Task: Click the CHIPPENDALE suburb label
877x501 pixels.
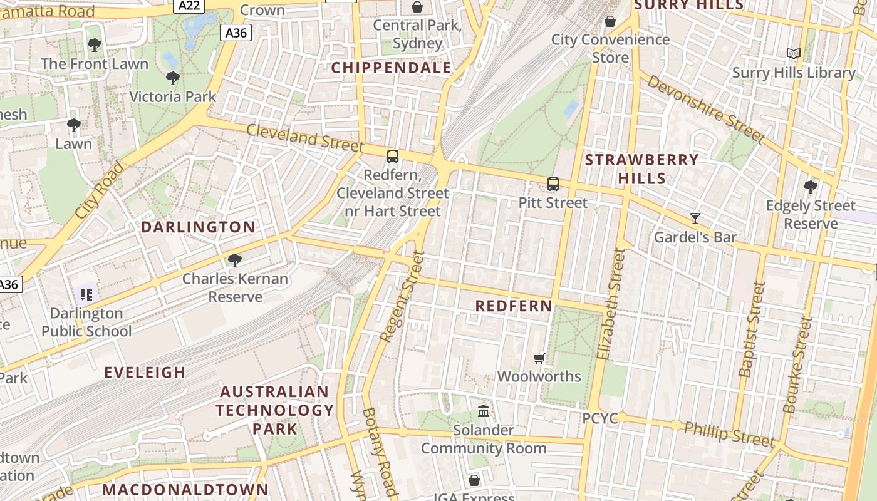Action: (391, 68)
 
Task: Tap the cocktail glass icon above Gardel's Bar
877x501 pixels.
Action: (695, 219)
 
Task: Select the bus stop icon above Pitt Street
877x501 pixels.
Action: (553, 184)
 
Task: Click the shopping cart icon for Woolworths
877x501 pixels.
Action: (539, 358)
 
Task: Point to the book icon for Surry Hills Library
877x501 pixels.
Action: (794, 54)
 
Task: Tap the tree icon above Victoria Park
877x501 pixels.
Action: (173, 78)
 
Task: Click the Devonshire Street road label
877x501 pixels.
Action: (705, 109)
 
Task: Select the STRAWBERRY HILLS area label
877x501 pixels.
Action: (641, 168)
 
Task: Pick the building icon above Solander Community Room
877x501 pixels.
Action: (484, 411)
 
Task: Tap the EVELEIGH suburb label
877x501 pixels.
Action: (145, 373)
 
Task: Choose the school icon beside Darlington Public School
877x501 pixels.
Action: (86, 294)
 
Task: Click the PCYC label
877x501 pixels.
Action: (600, 418)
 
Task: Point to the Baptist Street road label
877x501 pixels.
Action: (752, 329)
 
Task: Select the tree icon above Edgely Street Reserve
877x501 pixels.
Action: (811, 187)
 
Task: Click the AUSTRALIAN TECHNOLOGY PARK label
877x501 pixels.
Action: (275, 410)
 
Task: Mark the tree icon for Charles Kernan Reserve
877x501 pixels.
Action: (235, 260)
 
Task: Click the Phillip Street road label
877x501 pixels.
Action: (729, 434)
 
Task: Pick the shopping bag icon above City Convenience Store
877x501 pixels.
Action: (610, 22)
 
